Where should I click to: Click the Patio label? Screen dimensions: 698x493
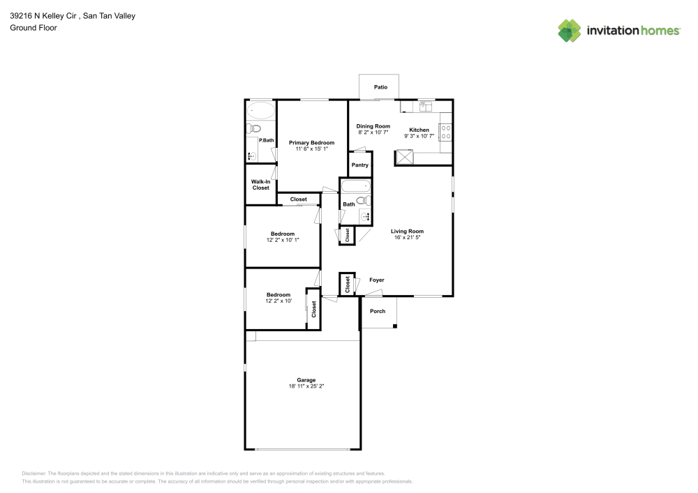pos(380,87)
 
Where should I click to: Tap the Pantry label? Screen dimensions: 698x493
pos(360,165)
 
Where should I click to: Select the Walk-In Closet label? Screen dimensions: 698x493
pos(261,185)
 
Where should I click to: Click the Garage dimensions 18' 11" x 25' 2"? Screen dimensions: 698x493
pos(306,386)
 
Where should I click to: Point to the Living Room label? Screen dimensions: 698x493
pos(408,232)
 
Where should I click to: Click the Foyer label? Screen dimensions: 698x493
pos(377,280)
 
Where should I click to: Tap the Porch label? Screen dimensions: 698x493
pos(378,311)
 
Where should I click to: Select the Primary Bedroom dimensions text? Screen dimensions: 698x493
pos(311,149)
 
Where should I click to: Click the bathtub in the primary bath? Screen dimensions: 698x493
pos(261,110)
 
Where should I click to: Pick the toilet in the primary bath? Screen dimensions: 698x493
pos(253,129)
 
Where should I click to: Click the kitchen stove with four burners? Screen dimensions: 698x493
pos(445,132)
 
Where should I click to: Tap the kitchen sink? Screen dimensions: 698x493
pos(426,106)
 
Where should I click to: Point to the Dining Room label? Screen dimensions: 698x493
pos(373,126)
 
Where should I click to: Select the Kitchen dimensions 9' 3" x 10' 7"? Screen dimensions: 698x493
pos(419,136)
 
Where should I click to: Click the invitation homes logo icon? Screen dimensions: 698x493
pos(570,31)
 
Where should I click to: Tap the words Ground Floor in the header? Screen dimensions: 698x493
pos(34,28)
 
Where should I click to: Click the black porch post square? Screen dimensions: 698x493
pos(395,326)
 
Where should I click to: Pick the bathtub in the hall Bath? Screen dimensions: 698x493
pos(355,185)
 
